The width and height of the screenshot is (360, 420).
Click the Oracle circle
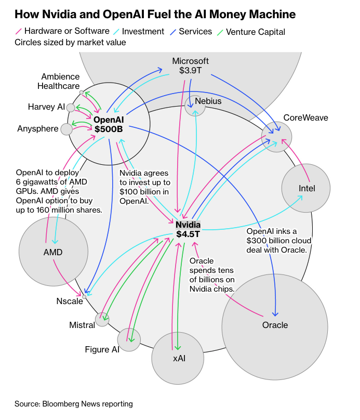tap(275, 326)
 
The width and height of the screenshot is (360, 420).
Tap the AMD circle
tap(53, 252)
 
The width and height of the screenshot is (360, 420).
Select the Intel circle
tap(306, 188)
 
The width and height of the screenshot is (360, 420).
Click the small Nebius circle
tap(195, 106)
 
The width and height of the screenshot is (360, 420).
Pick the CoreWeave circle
tap(276, 137)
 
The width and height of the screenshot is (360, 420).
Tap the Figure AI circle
tap(129, 340)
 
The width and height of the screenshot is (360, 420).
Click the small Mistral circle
tap(102, 319)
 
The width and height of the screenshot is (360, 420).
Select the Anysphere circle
tap(66, 129)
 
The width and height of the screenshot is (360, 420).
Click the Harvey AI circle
tap(71, 108)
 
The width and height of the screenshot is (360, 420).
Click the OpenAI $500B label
tap(109, 125)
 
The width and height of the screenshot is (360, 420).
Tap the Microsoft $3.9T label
tap(190, 66)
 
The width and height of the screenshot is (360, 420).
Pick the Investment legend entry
tap(138, 32)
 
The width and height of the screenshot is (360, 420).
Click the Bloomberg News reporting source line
tap(74, 403)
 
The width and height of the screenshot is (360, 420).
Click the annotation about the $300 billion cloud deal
tap(279, 240)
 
